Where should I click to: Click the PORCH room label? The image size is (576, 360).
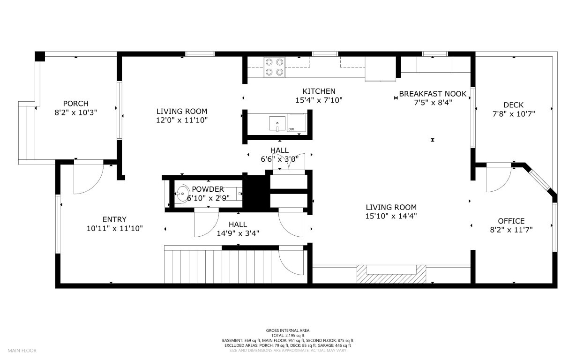pyautogui.click(x=75, y=104)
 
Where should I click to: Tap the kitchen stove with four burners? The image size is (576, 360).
pyautogui.click(x=274, y=67)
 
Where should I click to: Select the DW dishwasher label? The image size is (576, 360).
pyautogui.click(x=291, y=129)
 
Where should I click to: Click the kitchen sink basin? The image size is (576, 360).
pyautogui.click(x=277, y=123)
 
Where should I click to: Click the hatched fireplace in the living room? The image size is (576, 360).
pyautogui.click(x=391, y=275)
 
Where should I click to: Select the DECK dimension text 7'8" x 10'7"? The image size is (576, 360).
pyautogui.click(x=514, y=113)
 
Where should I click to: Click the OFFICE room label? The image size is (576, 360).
pyautogui.click(x=511, y=221)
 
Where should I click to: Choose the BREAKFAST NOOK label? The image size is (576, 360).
pyautogui.click(x=433, y=94)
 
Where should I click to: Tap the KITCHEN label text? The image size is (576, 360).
pyautogui.click(x=319, y=91)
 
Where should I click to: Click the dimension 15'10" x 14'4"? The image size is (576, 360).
pyautogui.click(x=391, y=216)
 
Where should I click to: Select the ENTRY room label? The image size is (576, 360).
pyautogui.click(x=114, y=219)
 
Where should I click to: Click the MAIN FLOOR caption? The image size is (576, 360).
pyautogui.click(x=22, y=351)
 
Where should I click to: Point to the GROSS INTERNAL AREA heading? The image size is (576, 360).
pyautogui.click(x=288, y=330)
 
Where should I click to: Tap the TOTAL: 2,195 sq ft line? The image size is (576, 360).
pyautogui.click(x=288, y=335)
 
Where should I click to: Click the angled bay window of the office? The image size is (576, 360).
pyautogui.click(x=540, y=180)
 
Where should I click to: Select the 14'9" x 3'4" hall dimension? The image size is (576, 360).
pyautogui.click(x=238, y=233)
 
